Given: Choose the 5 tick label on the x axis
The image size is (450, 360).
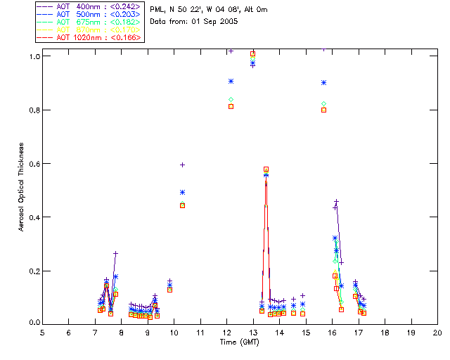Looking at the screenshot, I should [x=42, y=332].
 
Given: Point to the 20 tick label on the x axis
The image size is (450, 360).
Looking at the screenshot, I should [x=437, y=332].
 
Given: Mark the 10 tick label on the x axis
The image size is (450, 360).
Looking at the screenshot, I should [x=174, y=332].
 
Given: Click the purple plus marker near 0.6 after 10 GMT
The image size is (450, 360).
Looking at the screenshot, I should [x=183, y=165].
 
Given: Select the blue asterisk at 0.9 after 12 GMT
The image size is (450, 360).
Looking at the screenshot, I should [x=231, y=82].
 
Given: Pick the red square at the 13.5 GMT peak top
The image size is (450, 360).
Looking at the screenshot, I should [x=266, y=169].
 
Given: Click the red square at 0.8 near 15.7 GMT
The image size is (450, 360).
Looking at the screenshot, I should [x=323, y=110].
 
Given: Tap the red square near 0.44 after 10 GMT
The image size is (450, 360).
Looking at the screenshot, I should [x=183, y=205].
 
